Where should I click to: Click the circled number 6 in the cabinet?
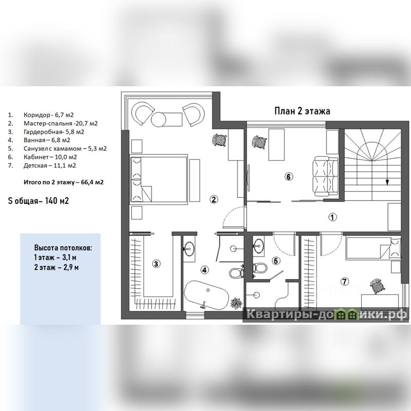click(x=288, y=177)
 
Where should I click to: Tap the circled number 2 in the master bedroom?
click(x=214, y=199)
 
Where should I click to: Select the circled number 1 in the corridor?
click(x=332, y=217)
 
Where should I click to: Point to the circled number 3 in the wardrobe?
click(x=156, y=264)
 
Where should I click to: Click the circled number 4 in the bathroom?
click(x=204, y=270)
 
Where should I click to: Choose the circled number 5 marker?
click(x=276, y=261)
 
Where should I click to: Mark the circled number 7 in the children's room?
click(x=344, y=282)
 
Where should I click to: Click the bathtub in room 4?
click(x=206, y=295)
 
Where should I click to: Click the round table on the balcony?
click(x=159, y=120)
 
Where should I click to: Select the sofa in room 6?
click(x=325, y=176)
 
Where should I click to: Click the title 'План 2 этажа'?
click(x=302, y=111)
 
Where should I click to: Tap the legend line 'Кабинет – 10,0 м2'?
click(x=50, y=157)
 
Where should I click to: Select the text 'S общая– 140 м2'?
click(x=38, y=201)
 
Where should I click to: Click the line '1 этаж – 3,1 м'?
click(x=55, y=257)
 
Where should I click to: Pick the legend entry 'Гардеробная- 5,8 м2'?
click(x=54, y=132)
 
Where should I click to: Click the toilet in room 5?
click(x=259, y=268)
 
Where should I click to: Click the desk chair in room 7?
click(x=377, y=286)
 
